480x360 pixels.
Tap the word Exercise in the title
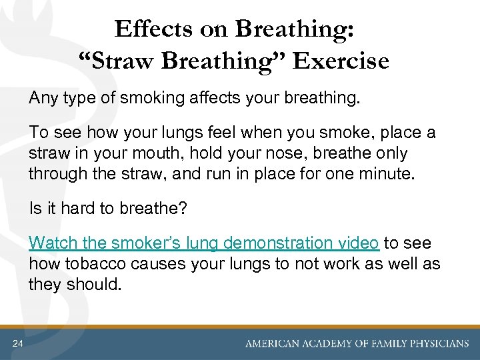coord(340,61)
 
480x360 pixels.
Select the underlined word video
coord(360,243)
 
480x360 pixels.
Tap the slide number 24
coord(17,343)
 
